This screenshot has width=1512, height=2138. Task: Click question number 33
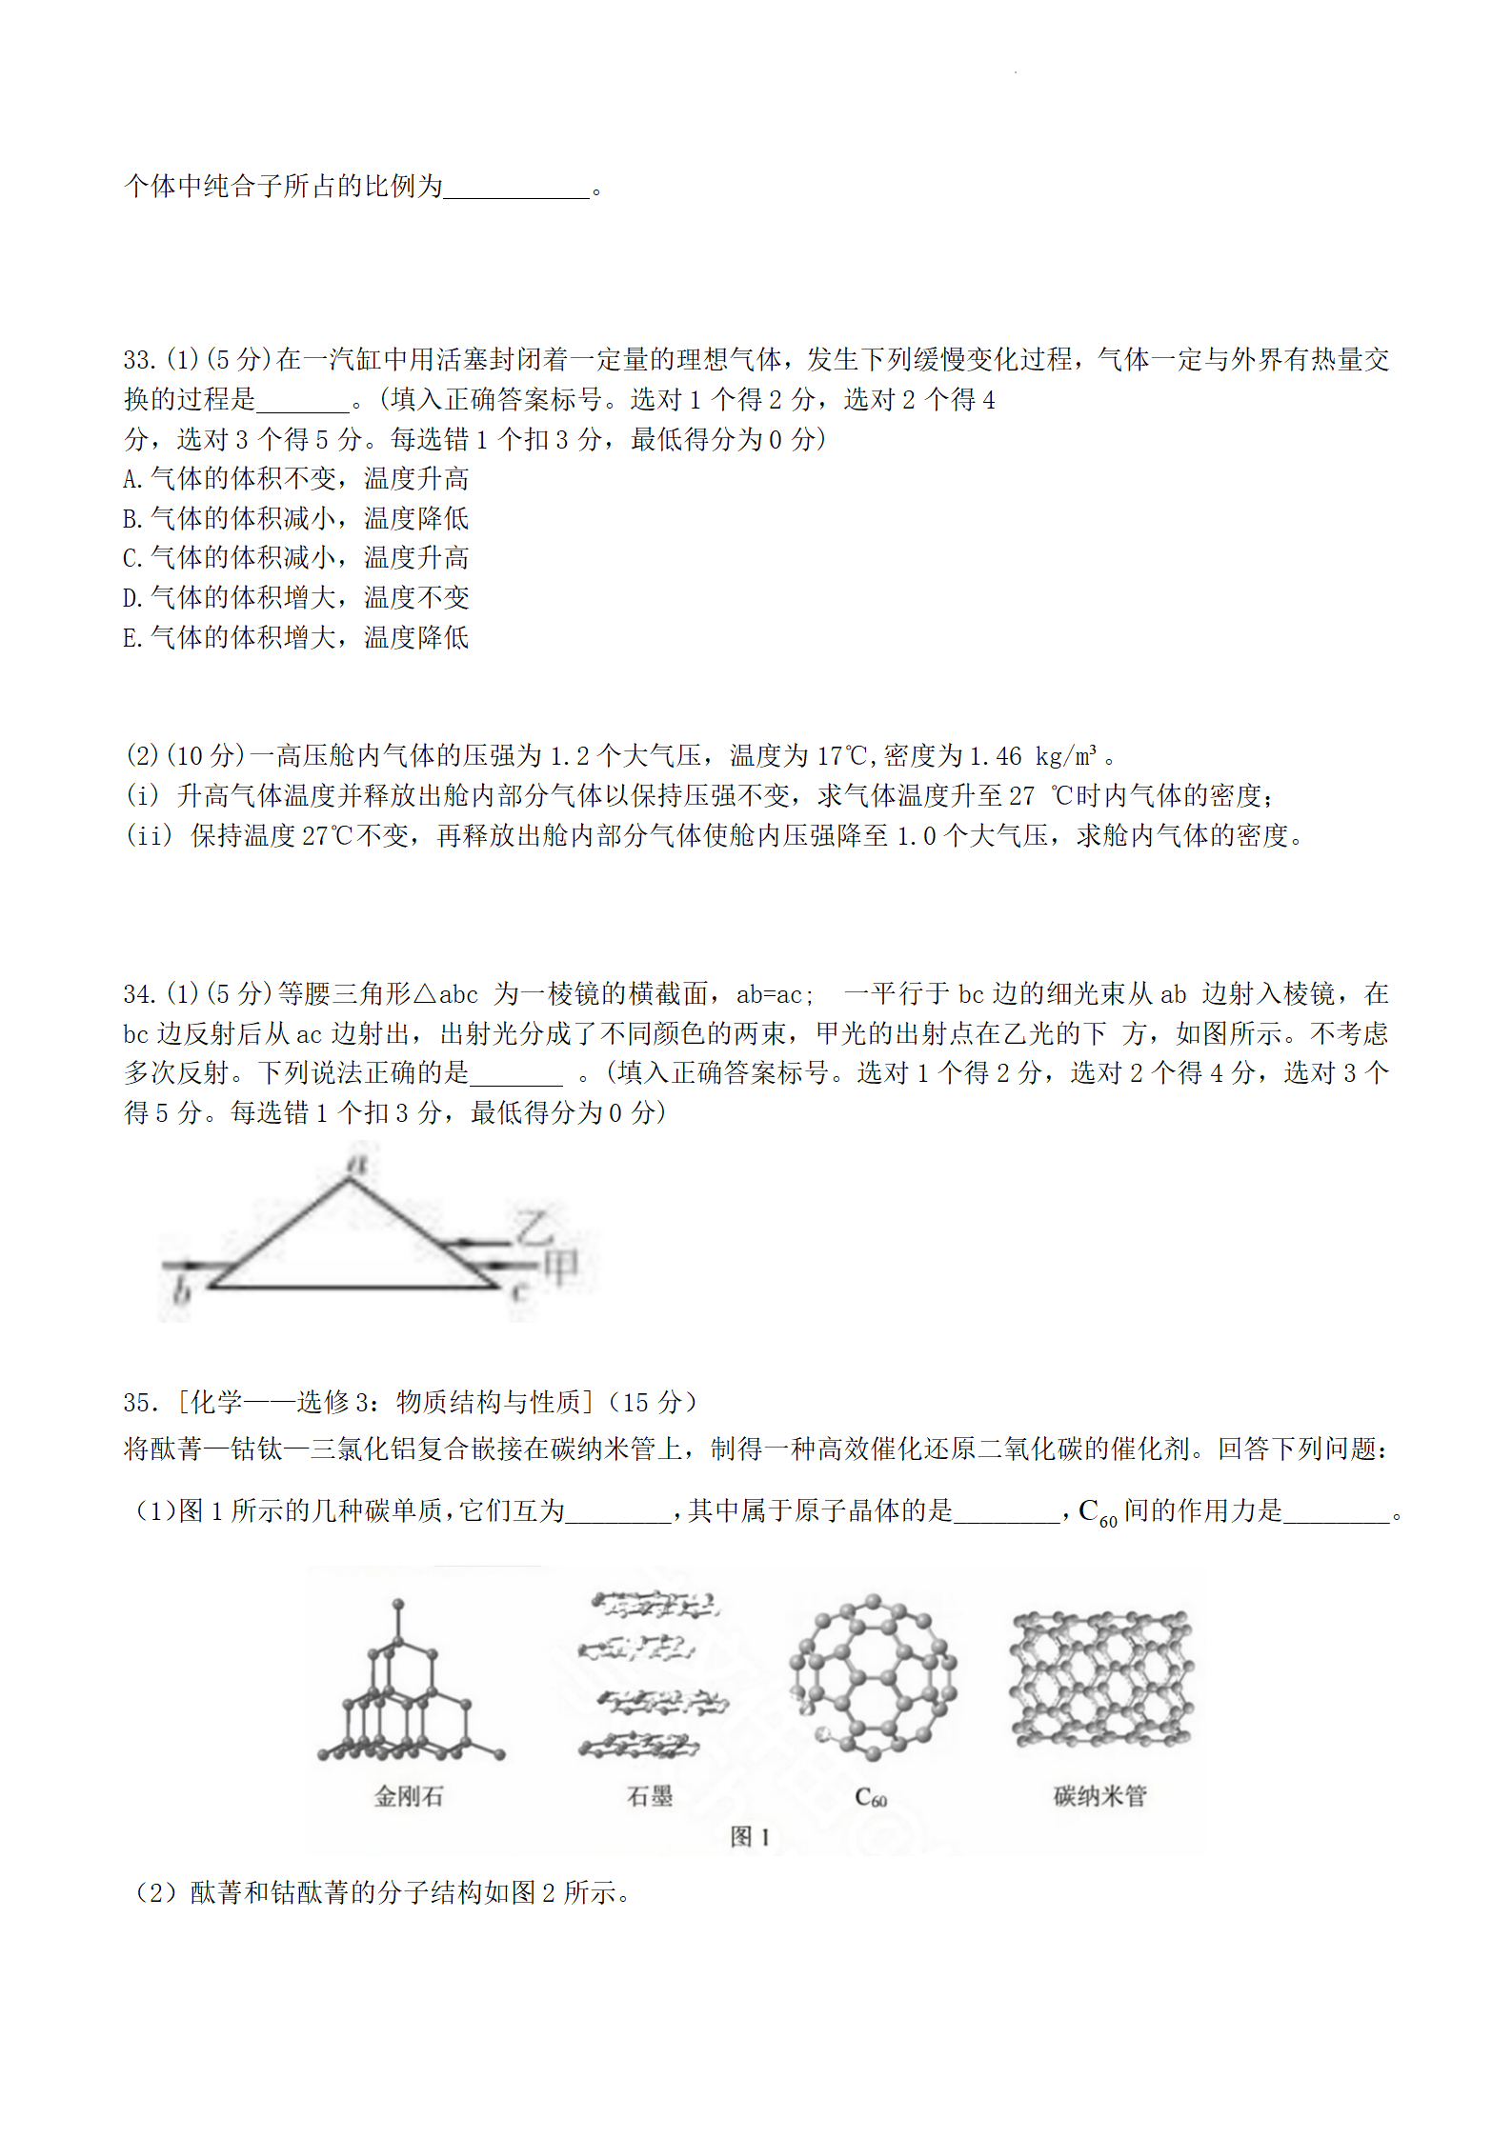click(139, 360)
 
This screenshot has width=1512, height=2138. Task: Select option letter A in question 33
click(132, 479)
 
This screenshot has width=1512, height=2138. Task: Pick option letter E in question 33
click(132, 638)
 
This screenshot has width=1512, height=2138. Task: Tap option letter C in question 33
click(132, 558)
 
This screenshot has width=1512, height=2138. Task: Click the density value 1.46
click(995, 756)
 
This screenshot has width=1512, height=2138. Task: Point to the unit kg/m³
click(1065, 756)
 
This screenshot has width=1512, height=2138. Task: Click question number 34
click(139, 994)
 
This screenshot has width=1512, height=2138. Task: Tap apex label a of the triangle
click(358, 1162)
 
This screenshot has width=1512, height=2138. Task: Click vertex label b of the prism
click(181, 1291)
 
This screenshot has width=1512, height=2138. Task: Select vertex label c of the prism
click(519, 1291)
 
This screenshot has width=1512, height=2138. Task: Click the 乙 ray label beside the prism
click(534, 1227)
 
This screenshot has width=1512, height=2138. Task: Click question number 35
click(139, 1403)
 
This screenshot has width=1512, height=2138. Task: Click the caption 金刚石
click(409, 1796)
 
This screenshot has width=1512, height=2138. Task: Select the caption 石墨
click(650, 1796)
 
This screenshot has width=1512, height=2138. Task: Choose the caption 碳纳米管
click(1099, 1796)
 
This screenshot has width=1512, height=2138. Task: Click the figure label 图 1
click(750, 1837)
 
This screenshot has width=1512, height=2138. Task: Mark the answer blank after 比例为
click(516, 188)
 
